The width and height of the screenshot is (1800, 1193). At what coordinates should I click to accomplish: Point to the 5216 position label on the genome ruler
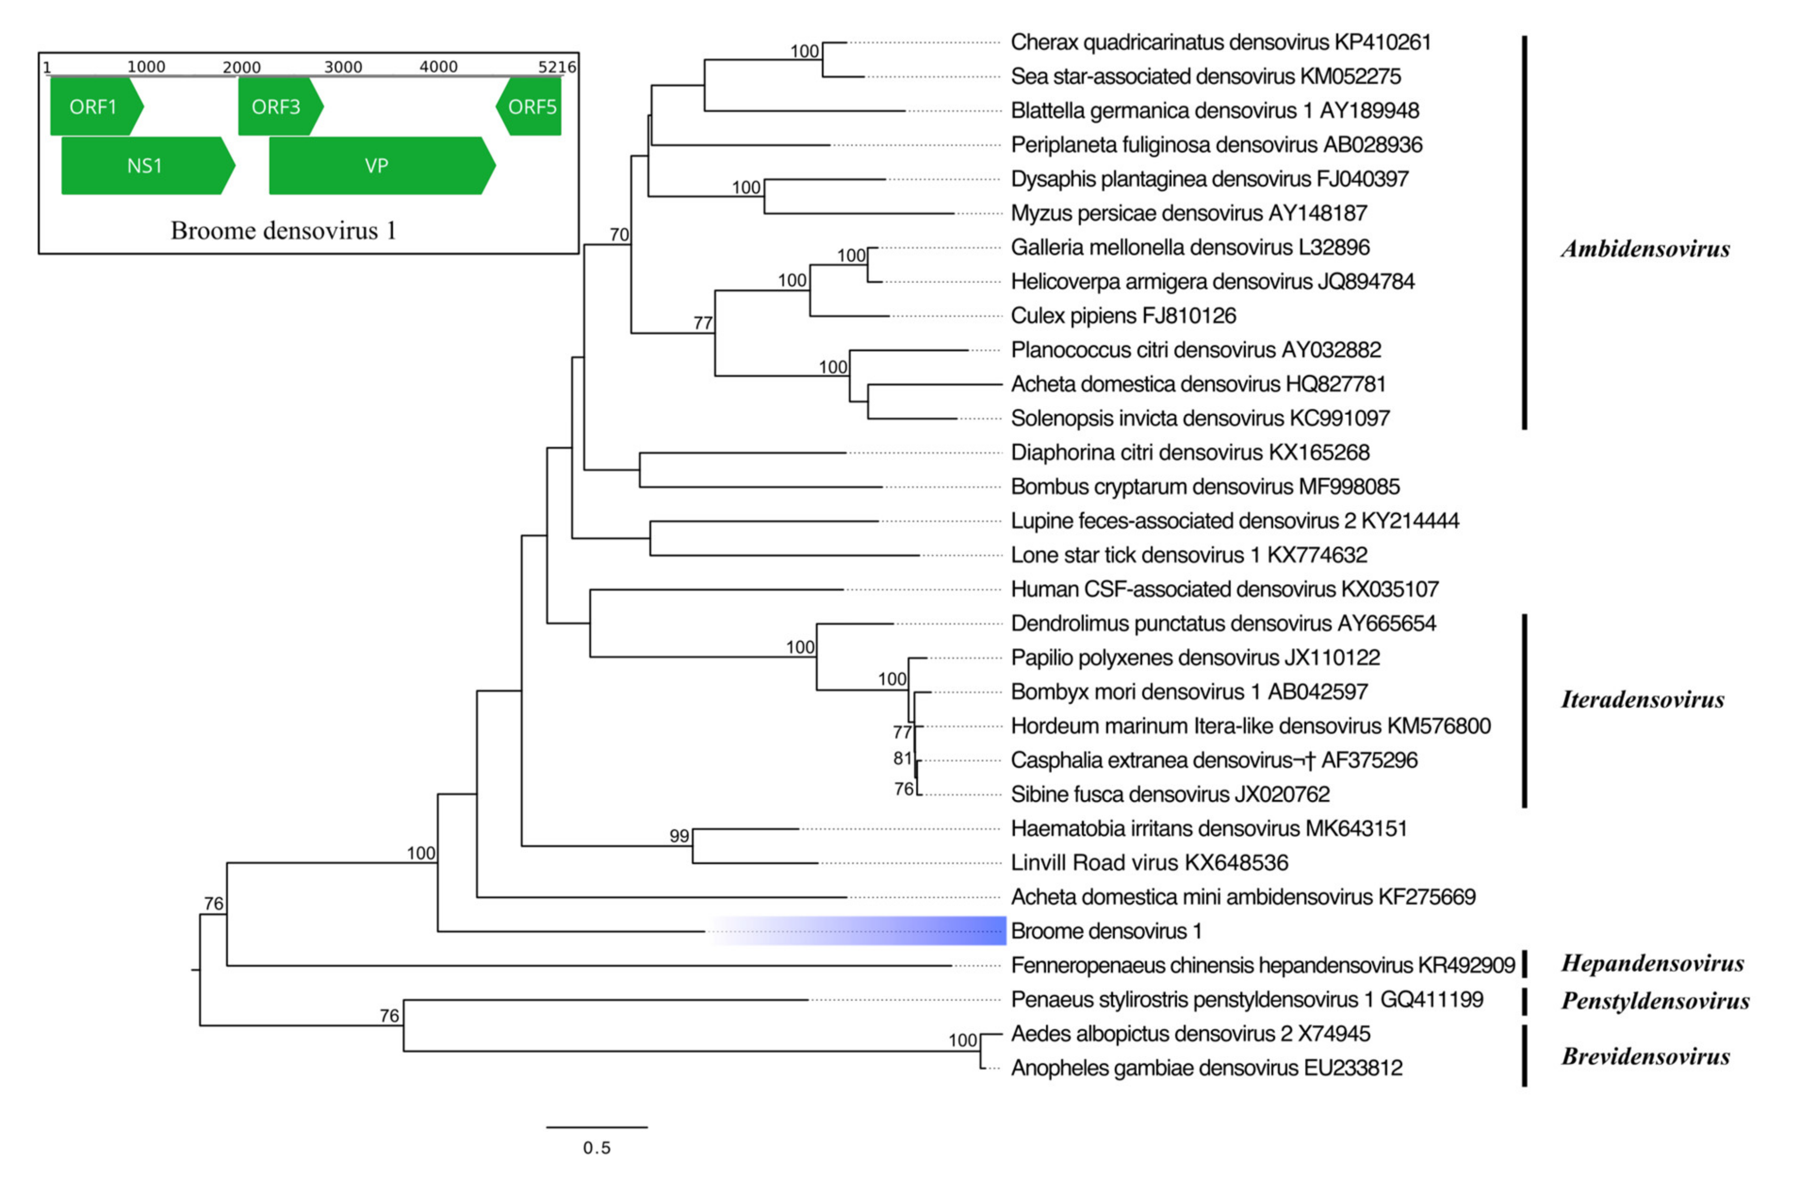coord(557,67)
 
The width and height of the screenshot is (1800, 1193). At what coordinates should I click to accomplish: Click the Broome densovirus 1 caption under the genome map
coord(283,230)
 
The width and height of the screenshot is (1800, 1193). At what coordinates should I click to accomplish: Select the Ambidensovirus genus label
coord(1645,249)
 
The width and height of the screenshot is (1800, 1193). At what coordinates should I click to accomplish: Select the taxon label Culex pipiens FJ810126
coord(1123,316)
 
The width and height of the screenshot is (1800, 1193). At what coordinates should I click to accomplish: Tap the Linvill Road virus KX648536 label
coord(1149,863)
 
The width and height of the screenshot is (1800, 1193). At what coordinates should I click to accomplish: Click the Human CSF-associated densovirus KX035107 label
coord(1224,589)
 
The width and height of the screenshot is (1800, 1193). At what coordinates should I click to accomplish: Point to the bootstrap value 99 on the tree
coord(679,836)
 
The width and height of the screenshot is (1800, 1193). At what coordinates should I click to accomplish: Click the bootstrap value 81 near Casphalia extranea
coord(902,759)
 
